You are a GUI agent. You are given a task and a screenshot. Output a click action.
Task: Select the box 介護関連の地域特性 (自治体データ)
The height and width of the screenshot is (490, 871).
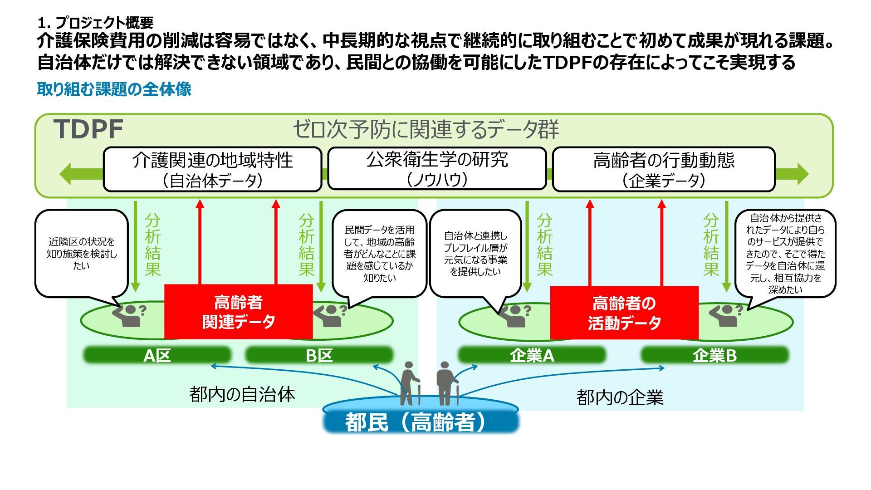pyautogui.click(x=212, y=170)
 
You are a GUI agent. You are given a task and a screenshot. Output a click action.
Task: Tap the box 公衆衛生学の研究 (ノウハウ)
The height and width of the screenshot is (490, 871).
pyautogui.click(x=436, y=169)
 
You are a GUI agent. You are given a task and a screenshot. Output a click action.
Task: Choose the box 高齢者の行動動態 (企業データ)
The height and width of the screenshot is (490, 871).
pyautogui.click(x=663, y=170)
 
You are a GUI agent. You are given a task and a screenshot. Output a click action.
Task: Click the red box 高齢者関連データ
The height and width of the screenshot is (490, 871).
pyautogui.click(x=238, y=312)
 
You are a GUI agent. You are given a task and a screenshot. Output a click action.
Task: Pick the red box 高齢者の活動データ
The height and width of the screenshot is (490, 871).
pyautogui.click(x=624, y=313)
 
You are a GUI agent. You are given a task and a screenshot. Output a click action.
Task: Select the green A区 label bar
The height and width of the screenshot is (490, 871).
pyautogui.click(x=157, y=355)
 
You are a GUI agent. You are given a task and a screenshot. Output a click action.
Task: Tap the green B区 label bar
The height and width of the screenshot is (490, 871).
pyautogui.click(x=319, y=355)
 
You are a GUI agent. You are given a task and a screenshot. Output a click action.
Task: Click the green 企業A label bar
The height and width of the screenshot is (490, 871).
pyautogui.click(x=532, y=355)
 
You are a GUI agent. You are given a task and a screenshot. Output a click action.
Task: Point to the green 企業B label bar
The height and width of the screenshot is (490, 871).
pyautogui.click(x=714, y=355)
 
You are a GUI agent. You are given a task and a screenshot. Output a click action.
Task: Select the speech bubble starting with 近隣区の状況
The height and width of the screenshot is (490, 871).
pyautogui.click(x=82, y=253)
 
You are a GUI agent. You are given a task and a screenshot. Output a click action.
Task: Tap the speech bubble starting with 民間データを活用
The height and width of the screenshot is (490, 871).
pyautogui.click(x=379, y=254)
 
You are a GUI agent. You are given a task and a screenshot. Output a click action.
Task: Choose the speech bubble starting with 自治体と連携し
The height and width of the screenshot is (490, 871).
pyautogui.click(x=475, y=254)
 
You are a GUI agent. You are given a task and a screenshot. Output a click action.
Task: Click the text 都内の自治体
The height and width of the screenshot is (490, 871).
pyautogui.click(x=242, y=394)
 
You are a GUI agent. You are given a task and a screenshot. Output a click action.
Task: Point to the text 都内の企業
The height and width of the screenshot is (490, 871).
pyautogui.click(x=620, y=397)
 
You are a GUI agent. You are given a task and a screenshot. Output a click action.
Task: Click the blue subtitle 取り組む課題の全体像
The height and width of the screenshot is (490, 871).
pyautogui.click(x=114, y=89)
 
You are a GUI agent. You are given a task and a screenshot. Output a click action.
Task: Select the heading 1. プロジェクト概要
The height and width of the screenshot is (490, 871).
pyautogui.click(x=96, y=22)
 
